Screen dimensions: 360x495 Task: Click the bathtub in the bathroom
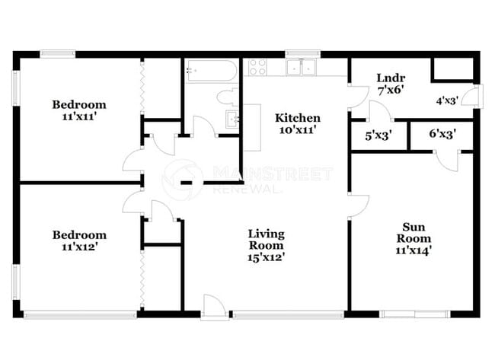click(211, 72)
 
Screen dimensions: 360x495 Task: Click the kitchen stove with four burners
click(257, 67)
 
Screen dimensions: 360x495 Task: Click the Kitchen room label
click(297, 118)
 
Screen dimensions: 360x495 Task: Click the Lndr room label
click(390, 78)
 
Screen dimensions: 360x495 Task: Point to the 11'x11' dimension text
click(79, 118)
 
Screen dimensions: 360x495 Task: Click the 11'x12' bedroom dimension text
click(79, 247)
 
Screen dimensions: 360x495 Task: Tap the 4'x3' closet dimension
click(447, 100)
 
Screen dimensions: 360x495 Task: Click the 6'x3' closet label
click(442, 135)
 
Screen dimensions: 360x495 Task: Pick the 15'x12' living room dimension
click(266, 257)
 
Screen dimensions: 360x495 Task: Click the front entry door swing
click(215, 306)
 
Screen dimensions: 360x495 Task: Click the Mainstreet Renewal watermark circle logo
click(183, 180)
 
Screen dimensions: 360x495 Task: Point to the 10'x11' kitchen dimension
click(296, 130)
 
